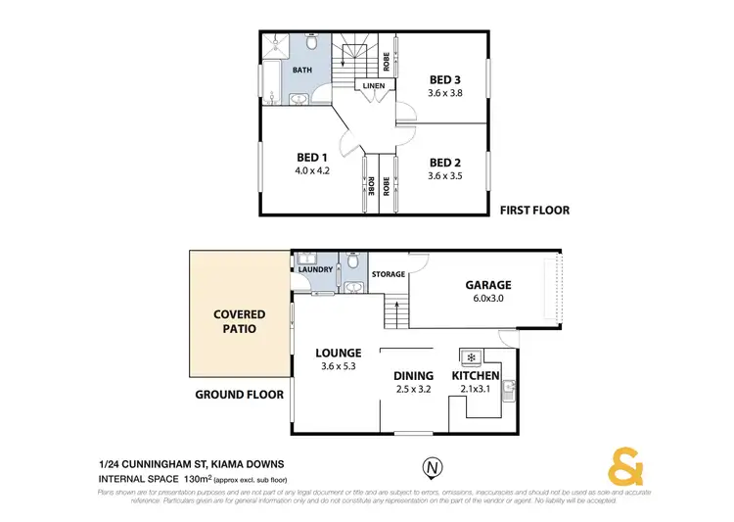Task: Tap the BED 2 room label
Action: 444,163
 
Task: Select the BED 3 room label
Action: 445,80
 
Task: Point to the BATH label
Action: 303,71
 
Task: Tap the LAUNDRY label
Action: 316,269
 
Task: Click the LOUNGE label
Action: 339,353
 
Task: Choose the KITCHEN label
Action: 476,375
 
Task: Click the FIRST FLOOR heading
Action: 534,210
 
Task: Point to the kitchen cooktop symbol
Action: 470,356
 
